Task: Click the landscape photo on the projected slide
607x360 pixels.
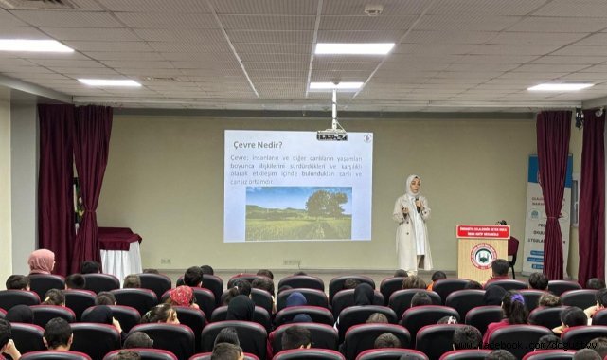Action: tap(298, 212)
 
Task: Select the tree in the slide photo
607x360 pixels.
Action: tap(327, 203)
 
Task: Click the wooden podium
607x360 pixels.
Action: tap(482, 255)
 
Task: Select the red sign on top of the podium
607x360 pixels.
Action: tap(482, 231)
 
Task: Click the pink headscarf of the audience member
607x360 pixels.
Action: tap(41, 261)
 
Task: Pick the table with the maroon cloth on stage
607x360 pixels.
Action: tap(120, 250)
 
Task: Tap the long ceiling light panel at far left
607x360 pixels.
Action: tap(34, 45)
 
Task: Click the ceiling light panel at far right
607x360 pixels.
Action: tap(560, 87)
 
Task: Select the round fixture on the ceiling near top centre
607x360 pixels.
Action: tap(373, 9)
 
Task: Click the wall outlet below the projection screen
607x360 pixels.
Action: tap(290, 262)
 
